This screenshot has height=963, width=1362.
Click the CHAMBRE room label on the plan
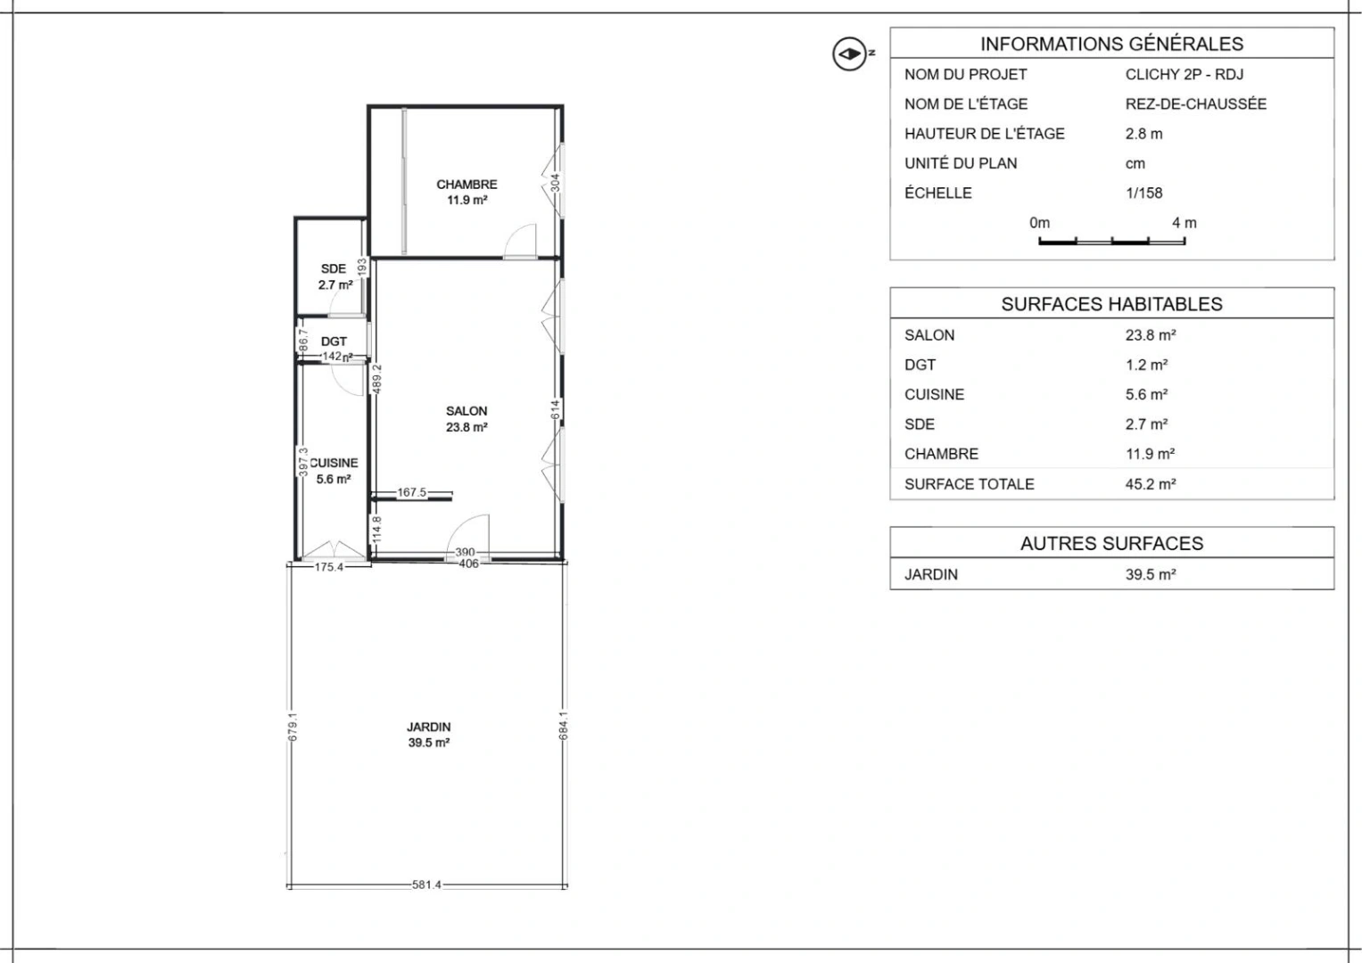pyautogui.click(x=466, y=185)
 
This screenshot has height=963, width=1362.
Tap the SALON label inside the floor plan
pyautogui.click(x=466, y=411)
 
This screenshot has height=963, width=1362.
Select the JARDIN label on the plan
pyautogui.click(x=428, y=728)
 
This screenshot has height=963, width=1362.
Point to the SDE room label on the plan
pyautogui.click(x=334, y=268)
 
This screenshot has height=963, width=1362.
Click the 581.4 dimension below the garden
pyautogui.click(x=426, y=885)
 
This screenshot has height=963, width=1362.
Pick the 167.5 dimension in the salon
pyautogui.click(x=411, y=492)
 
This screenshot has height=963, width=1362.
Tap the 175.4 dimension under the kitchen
pyautogui.click(x=328, y=567)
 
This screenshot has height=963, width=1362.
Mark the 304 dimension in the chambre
pyautogui.click(x=556, y=182)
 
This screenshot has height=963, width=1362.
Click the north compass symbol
pyautogui.click(x=850, y=54)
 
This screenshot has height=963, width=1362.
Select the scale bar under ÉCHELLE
pyautogui.click(x=1111, y=241)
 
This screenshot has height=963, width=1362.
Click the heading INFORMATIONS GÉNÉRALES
pyautogui.click(x=1111, y=44)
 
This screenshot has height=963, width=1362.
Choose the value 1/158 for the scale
pyautogui.click(x=1143, y=193)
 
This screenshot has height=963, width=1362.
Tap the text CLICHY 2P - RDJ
pyautogui.click(x=1184, y=74)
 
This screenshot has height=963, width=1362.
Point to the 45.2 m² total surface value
pyautogui.click(x=1150, y=484)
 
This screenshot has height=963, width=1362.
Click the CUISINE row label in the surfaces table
pyautogui.click(x=934, y=394)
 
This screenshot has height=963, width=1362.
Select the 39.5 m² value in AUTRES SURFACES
pyautogui.click(x=1150, y=574)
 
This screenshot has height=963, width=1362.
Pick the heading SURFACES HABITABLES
pyautogui.click(x=1111, y=304)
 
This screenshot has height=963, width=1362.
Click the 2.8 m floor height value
pyautogui.click(x=1143, y=134)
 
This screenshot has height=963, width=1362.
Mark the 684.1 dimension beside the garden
pyautogui.click(x=563, y=724)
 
